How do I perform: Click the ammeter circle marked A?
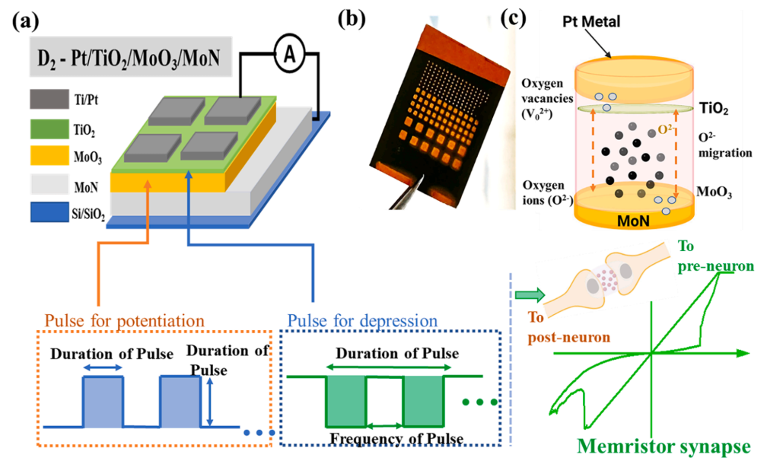tap(290, 53)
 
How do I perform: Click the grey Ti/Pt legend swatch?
tap(49, 99)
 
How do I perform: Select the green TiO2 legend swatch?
tap(49, 129)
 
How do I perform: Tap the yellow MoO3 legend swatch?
tap(49, 155)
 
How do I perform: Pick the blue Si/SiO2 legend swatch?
tap(49, 212)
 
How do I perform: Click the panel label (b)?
tap(352, 18)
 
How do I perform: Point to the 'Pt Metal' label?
tap(591, 21)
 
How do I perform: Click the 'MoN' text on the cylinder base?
tap(633, 221)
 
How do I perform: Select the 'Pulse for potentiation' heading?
tap(124, 321)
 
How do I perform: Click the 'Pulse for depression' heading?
tap(362, 321)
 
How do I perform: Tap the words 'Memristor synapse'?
tap(664, 447)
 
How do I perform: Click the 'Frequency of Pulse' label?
tap(396, 438)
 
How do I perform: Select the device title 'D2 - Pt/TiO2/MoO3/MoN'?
tap(129, 59)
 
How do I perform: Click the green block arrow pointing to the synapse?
tap(530, 295)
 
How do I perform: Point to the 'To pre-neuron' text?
tap(715, 256)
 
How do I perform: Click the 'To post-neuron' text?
tap(569, 327)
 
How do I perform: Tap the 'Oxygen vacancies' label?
tap(547, 99)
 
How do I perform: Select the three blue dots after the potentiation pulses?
tap(259, 433)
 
